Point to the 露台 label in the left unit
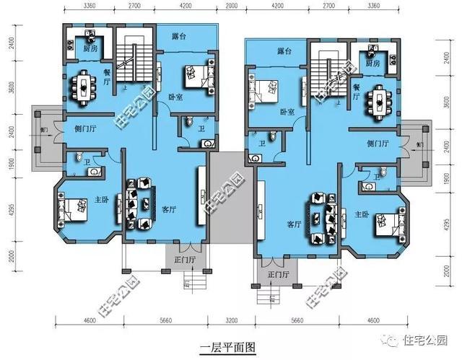(x=180, y=36)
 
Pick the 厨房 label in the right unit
(x=373, y=63)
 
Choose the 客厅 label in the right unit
(x=294, y=224)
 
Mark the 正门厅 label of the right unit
(x=278, y=274)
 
